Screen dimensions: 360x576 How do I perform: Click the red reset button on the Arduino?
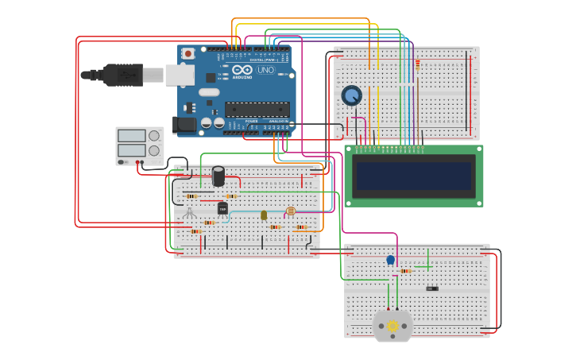pyautogui.click(x=188, y=53)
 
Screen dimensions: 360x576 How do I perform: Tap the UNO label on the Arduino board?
pyautogui.click(x=266, y=70)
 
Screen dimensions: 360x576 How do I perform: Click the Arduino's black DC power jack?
pyautogui.click(x=186, y=124)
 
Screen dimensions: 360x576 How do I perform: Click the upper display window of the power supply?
pyautogui.click(x=132, y=136)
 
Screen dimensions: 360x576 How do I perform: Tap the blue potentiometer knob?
pyautogui.click(x=351, y=95)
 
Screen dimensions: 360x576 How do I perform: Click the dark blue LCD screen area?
pyautogui.click(x=414, y=176)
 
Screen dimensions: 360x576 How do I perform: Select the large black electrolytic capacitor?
pyautogui.click(x=218, y=176)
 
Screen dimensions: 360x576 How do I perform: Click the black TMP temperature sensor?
pyautogui.click(x=222, y=208)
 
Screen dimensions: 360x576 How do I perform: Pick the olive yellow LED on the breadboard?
pyautogui.click(x=264, y=215)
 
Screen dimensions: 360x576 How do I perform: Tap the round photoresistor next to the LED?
pyautogui.click(x=290, y=211)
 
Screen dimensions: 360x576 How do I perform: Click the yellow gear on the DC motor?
pyautogui.click(x=392, y=326)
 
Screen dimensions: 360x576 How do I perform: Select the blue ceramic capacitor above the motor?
pyautogui.click(x=390, y=260)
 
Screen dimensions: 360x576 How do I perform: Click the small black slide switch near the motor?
pyautogui.click(x=431, y=288)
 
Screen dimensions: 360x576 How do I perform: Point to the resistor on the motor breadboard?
pyautogui.click(x=405, y=271)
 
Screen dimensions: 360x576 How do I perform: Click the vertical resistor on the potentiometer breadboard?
pyautogui.click(x=417, y=65)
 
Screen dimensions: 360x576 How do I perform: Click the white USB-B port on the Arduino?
pyautogui.click(x=180, y=75)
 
